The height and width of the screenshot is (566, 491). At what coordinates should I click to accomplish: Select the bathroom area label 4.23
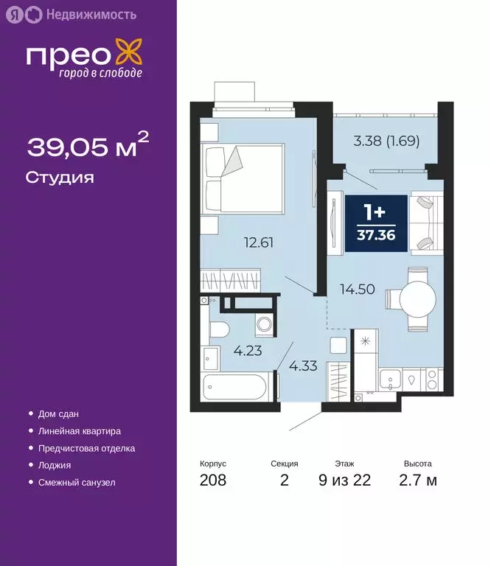pyautogui.click(x=247, y=352)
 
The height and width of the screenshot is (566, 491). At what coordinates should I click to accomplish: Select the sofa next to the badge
pyautogui.click(x=425, y=222)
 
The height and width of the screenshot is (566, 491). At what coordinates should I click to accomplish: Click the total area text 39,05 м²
pyautogui.click(x=88, y=147)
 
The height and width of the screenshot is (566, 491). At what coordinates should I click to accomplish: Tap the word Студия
pyautogui.click(x=60, y=178)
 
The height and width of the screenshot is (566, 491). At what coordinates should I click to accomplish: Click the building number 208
pyautogui.click(x=213, y=481)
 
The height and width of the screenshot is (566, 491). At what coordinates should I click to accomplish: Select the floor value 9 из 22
pyautogui.click(x=344, y=481)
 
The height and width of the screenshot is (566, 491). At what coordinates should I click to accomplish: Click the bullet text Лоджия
pyautogui.click(x=55, y=465)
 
